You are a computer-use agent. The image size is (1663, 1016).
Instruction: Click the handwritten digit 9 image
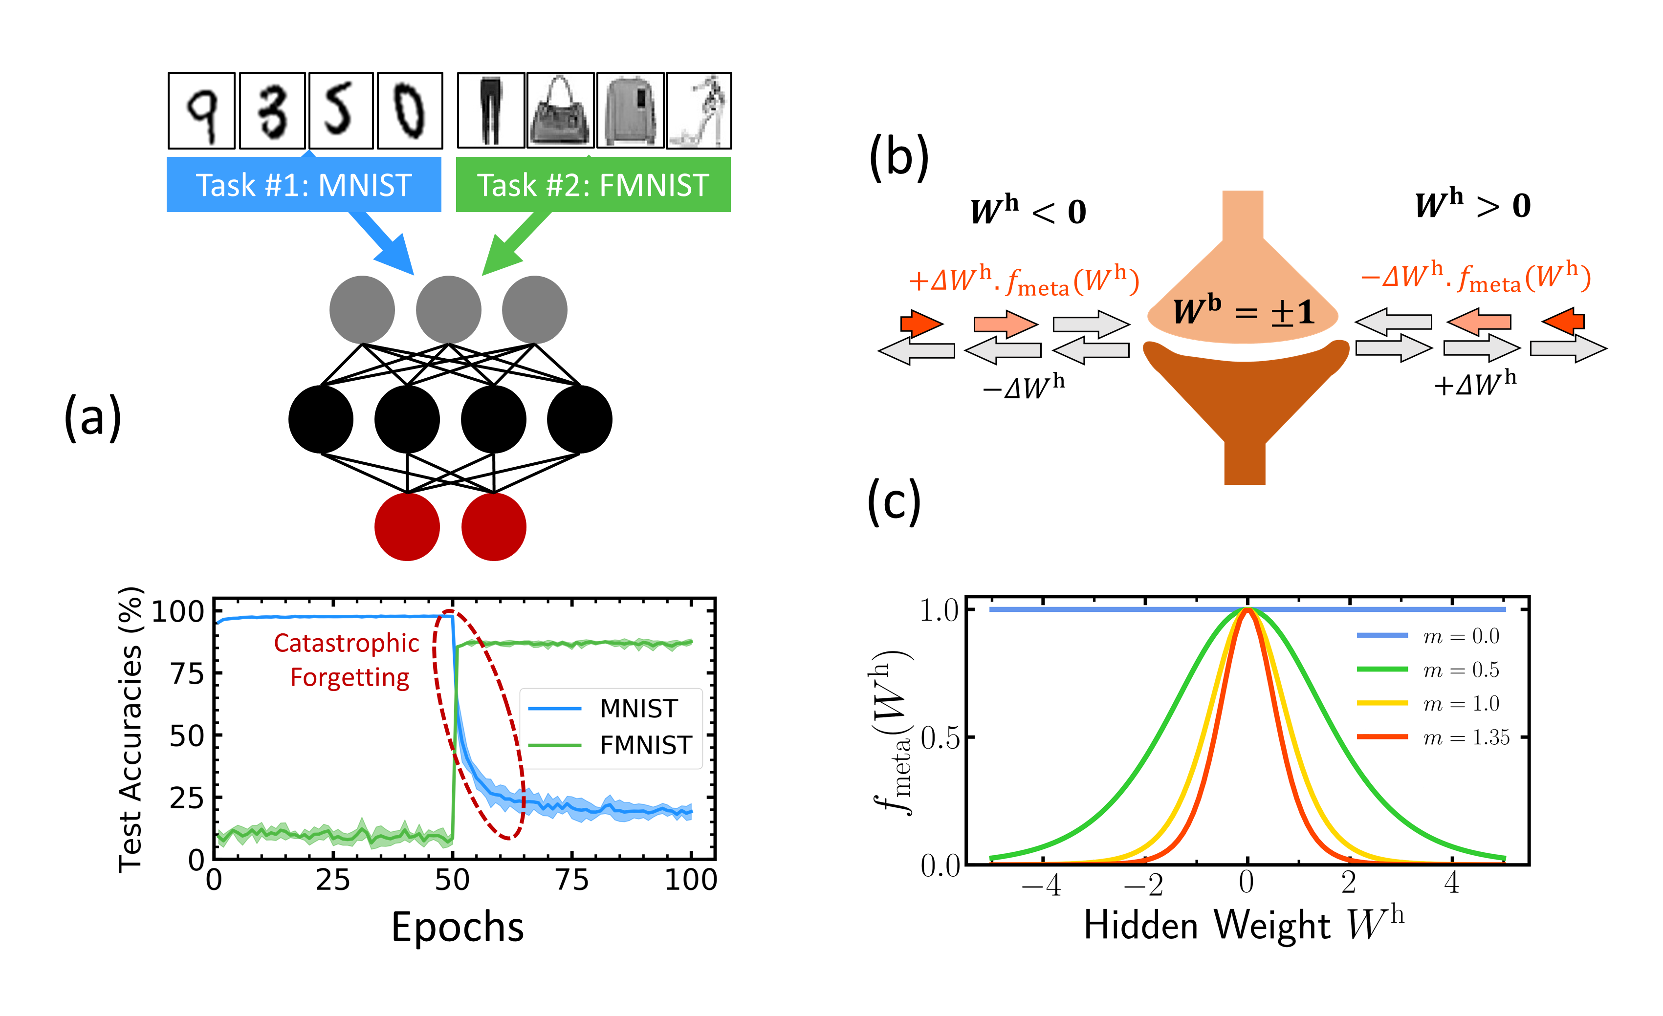coord(201,110)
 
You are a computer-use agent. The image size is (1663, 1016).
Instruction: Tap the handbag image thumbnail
coord(560,110)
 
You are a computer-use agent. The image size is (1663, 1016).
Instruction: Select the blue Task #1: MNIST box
coord(304,185)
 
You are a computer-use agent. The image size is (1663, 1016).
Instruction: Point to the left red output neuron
coord(407,527)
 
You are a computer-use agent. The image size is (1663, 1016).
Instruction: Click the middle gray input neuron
coord(448,310)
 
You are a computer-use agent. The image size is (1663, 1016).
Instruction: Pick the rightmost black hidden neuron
coord(579,419)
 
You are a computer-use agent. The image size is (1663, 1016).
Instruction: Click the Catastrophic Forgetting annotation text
coord(348,660)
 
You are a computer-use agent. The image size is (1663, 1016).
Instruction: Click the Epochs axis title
coord(458,926)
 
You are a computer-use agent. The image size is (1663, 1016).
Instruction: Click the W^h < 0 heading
coord(1027,211)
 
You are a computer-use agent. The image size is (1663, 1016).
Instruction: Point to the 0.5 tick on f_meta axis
coord(940,738)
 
